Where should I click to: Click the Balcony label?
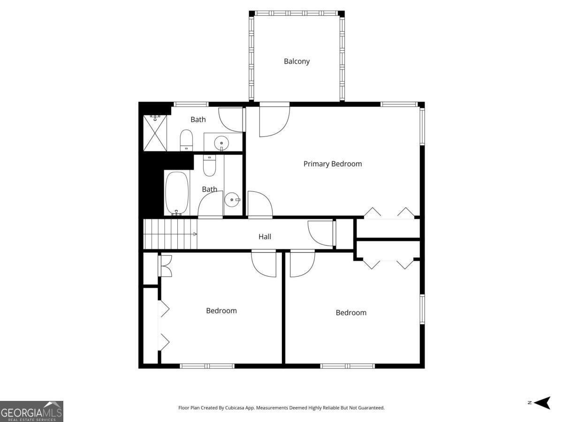[297, 61]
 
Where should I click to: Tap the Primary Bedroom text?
[332, 164]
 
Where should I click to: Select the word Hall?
[265, 237]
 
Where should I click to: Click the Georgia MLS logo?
[31, 411]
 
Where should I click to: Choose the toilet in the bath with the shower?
[186, 140]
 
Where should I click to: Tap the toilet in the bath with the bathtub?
[209, 165]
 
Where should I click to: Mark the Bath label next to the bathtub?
[209, 189]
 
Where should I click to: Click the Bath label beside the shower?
[198, 120]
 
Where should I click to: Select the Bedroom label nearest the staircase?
[221, 310]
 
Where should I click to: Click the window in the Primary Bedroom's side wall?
[422, 126]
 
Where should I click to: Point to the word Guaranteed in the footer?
[371, 408]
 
